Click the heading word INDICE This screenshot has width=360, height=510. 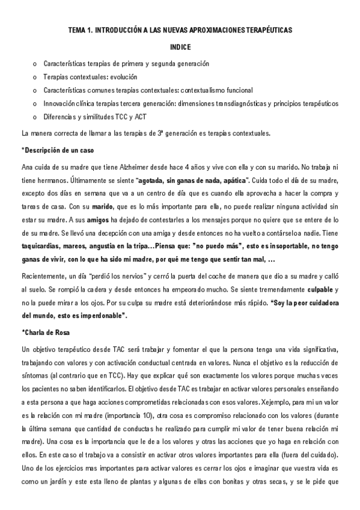point(180,46)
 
